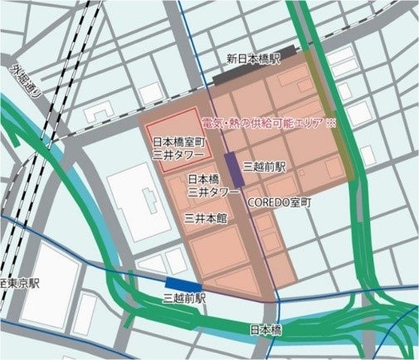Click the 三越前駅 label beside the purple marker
click(264, 167)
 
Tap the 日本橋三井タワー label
click(208, 185)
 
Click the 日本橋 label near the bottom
click(266, 329)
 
